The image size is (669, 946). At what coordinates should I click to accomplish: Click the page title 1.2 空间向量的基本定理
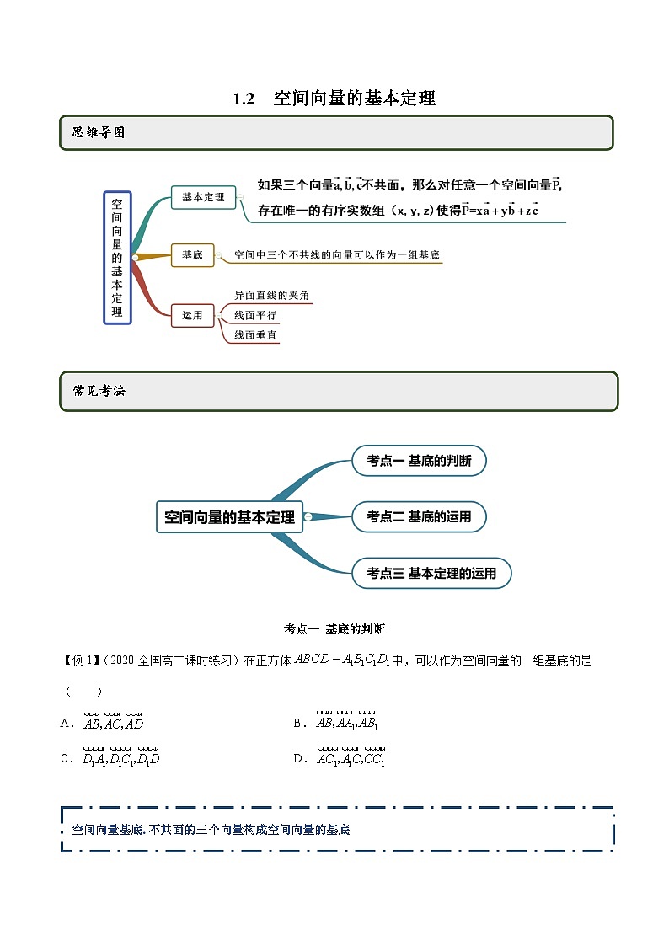334,99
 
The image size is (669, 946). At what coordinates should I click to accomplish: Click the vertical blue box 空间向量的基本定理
117,258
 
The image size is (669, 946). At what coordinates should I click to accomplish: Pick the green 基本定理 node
203,197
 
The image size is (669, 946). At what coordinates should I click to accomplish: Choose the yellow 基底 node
192,254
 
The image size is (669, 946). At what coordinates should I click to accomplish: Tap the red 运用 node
192,316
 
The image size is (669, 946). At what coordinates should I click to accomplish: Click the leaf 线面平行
255,316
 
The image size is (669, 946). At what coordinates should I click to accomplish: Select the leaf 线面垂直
255,335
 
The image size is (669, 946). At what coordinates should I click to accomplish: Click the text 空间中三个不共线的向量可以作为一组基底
337,254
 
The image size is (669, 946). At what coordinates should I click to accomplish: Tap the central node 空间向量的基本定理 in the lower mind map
229,517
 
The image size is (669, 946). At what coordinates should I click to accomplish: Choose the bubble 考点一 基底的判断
419,461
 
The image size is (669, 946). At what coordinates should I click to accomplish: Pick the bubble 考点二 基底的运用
419,516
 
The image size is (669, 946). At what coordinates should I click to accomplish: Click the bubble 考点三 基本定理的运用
431,574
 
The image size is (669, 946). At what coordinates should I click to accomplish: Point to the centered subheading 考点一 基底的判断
334,628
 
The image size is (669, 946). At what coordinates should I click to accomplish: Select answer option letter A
66,723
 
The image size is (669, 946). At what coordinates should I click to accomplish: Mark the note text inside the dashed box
211,830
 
